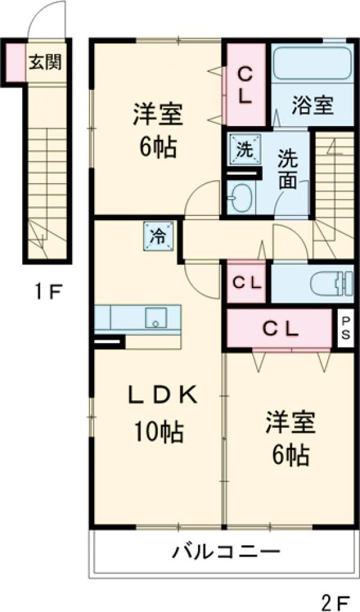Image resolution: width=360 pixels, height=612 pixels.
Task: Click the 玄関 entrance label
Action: [x=46, y=62]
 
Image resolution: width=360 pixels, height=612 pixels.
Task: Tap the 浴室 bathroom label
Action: [x=313, y=106]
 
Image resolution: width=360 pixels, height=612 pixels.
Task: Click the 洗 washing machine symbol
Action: [x=245, y=149]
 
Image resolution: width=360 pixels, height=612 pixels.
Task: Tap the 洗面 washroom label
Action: [x=287, y=170]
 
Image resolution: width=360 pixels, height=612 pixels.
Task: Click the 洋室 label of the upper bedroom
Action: [x=158, y=114]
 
